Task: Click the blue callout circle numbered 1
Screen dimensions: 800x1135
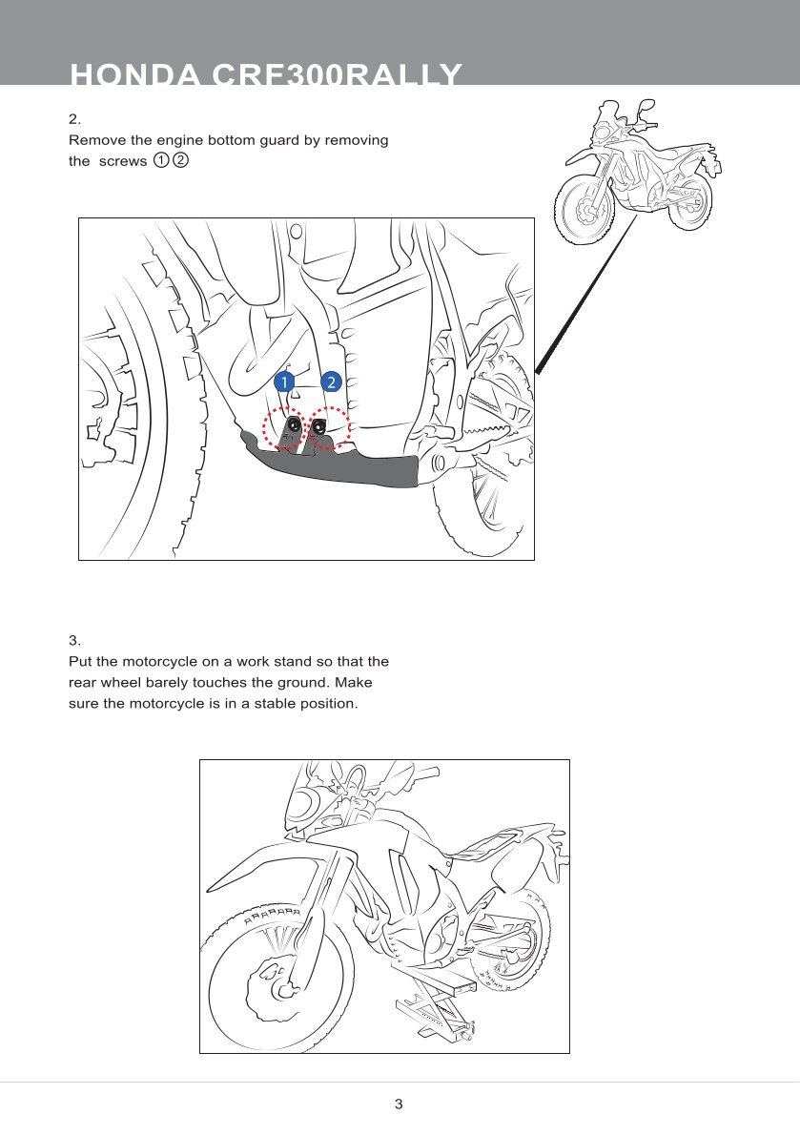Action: pyautogui.click(x=284, y=382)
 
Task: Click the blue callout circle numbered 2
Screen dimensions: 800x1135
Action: pyautogui.click(x=331, y=382)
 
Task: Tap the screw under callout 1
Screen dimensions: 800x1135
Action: pyautogui.click(x=293, y=425)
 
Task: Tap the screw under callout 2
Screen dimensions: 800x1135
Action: pyautogui.click(x=318, y=426)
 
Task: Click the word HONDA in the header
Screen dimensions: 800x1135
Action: pyautogui.click(x=134, y=74)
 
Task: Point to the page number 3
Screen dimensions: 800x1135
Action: pyautogui.click(x=399, y=1104)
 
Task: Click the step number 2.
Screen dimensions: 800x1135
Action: pyautogui.click(x=74, y=118)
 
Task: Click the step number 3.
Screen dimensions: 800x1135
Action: pyautogui.click(x=74, y=640)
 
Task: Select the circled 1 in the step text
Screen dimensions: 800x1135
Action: pyautogui.click(x=160, y=160)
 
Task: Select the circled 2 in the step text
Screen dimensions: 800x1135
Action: pyautogui.click(x=180, y=160)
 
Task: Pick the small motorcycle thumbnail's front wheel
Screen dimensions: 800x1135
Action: pyautogui.click(x=584, y=209)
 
